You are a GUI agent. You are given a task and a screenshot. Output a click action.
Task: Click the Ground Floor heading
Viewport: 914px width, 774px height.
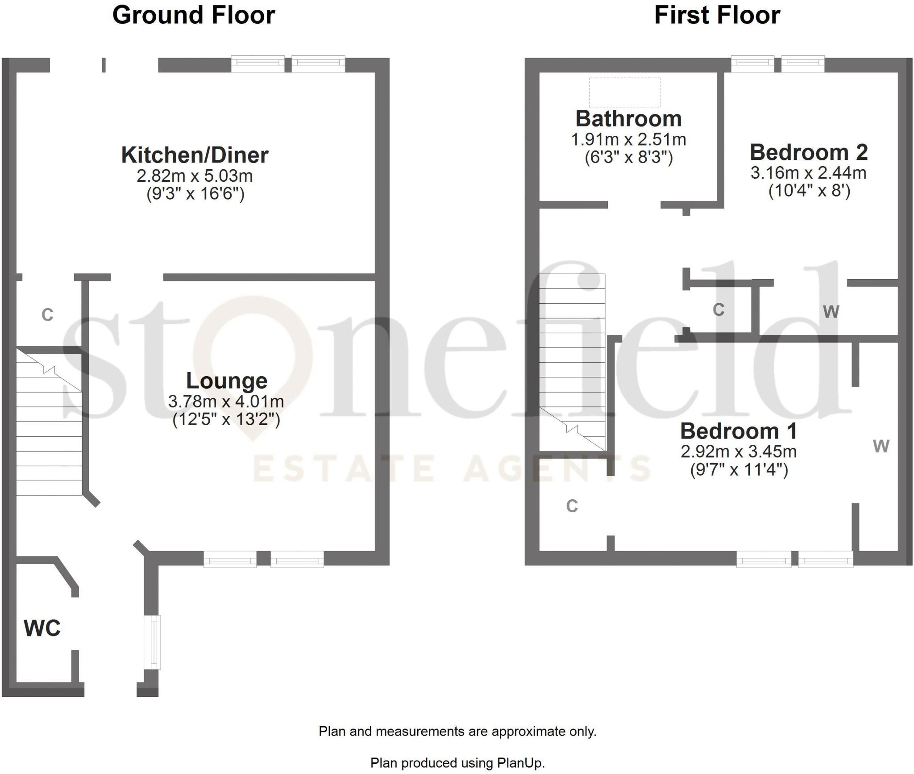[193, 16]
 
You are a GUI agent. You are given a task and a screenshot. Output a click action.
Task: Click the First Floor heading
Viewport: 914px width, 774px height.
[717, 16]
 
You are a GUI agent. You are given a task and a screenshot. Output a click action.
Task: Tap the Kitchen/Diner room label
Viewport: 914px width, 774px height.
[195, 155]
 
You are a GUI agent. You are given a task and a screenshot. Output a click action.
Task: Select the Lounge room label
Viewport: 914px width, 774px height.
[227, 381]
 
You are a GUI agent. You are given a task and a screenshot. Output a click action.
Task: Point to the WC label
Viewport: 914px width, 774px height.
[42, 628]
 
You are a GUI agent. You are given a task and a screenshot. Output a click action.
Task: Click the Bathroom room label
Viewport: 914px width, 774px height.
[628, 119]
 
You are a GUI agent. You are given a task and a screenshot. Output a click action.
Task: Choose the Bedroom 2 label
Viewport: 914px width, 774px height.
[809, 153]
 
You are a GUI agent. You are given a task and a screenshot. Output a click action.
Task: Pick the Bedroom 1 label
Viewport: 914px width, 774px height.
[739, 431]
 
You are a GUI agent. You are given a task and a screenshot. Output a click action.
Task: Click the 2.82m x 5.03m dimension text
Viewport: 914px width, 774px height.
[195, 176]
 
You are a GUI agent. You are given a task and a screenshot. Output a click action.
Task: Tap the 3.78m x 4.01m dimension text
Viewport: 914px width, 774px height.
[226, 402]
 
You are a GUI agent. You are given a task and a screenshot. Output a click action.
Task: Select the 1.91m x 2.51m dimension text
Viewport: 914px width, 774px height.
[628, 140]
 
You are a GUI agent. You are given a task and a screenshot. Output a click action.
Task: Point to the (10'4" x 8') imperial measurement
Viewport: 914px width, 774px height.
[809, 191]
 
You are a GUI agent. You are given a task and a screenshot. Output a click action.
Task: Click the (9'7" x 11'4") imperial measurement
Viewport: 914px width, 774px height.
[739, 470]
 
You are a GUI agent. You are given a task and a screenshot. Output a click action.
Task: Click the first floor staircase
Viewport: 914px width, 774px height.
[572, 362]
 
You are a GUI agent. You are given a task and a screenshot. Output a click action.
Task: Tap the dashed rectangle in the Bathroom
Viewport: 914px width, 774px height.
[625, 92]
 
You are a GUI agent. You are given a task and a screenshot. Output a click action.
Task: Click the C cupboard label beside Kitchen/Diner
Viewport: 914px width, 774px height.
[47, 315]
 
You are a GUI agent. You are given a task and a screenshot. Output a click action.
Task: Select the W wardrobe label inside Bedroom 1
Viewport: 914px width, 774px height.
[881, 446]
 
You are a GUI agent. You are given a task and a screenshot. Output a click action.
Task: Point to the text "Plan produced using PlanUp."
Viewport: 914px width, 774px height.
[457, 763]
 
